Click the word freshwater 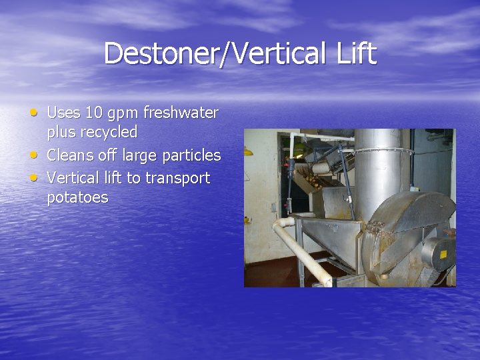point(181,113)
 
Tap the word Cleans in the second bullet point(72,155)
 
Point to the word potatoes point(77,198)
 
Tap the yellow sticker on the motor point(443,254)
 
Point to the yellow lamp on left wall point(248,151)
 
